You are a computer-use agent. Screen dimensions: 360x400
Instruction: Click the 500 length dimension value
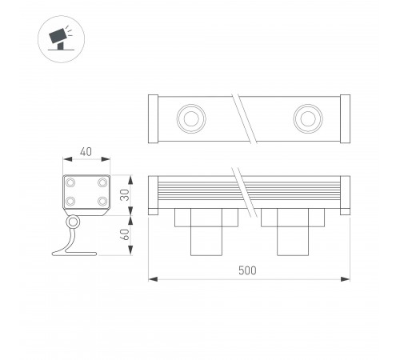click(x=248, y=270)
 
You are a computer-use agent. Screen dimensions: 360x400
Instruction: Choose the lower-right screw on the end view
click(x=101, y=202)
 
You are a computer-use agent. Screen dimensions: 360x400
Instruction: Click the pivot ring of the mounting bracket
click(x=74, y=222)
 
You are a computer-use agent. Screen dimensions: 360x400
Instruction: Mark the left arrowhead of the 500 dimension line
click(x=152, y=280)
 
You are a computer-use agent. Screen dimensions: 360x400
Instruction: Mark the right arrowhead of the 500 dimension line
click(x=348, y=280)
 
